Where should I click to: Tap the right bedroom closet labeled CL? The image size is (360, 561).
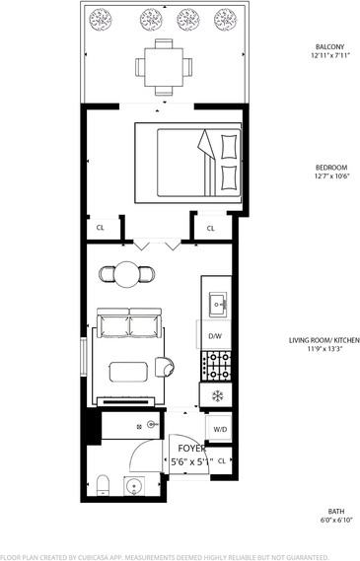point(211,228)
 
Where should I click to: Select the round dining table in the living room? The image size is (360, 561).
point(127,274)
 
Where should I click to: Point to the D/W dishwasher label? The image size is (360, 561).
point(215,336)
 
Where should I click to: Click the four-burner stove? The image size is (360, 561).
point(216,367)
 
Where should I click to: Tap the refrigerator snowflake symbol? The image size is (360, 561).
point(217,396)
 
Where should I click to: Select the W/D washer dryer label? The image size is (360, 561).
point(219,430)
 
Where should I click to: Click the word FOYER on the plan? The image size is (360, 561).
point(191,448)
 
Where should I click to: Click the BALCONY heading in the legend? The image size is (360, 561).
point(301,46)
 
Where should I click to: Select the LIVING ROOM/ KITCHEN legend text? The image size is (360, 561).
point(324,340)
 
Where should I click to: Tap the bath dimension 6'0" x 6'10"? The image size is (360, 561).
point(333,520)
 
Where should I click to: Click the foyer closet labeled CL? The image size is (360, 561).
point(221,459)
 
